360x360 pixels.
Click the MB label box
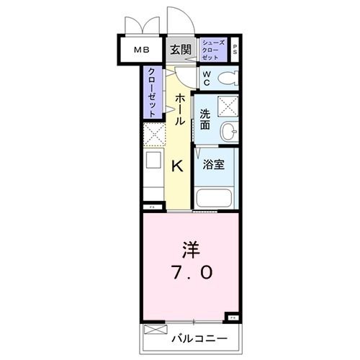[140, 50]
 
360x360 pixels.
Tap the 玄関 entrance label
[181, 50]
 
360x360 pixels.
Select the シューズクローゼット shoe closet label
[214, 50]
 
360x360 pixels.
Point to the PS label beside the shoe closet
[235, 50]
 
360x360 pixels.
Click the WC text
[205, 78]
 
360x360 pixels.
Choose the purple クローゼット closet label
[152, 92]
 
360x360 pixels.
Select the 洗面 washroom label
[206, 117]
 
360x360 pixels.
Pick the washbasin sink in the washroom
[229, 131]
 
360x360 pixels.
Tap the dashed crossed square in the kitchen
[153, 134]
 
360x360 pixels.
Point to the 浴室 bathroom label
[213, 164]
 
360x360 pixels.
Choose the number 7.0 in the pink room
[190, 273]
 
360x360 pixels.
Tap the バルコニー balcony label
[199, 338]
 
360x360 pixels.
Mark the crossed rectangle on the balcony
[154, 330]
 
